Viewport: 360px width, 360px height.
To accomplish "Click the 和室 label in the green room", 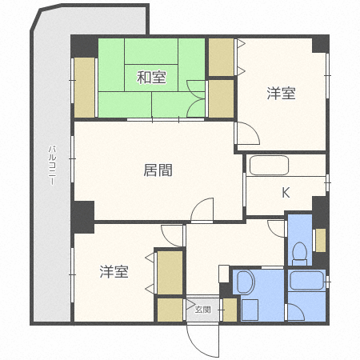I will click(151, 78).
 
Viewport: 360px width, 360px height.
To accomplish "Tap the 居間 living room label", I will click(158, 170).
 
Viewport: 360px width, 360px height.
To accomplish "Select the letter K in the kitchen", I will click(285, 192).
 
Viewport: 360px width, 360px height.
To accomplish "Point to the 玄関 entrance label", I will click(203, 309).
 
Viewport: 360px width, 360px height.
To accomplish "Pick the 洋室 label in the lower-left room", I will click(114, 272).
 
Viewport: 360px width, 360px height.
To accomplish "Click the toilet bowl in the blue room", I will click(298, 252).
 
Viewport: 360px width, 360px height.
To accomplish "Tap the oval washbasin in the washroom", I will click(245, 282).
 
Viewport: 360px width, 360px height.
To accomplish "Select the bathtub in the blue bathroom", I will click(307, 281).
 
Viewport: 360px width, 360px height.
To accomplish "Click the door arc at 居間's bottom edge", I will click(203, 210).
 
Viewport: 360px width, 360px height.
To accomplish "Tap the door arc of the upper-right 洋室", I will click(245, 133).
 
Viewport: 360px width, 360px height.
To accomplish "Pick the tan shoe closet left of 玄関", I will click(170, 309).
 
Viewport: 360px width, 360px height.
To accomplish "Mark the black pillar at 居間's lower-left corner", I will click(82, 213).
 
